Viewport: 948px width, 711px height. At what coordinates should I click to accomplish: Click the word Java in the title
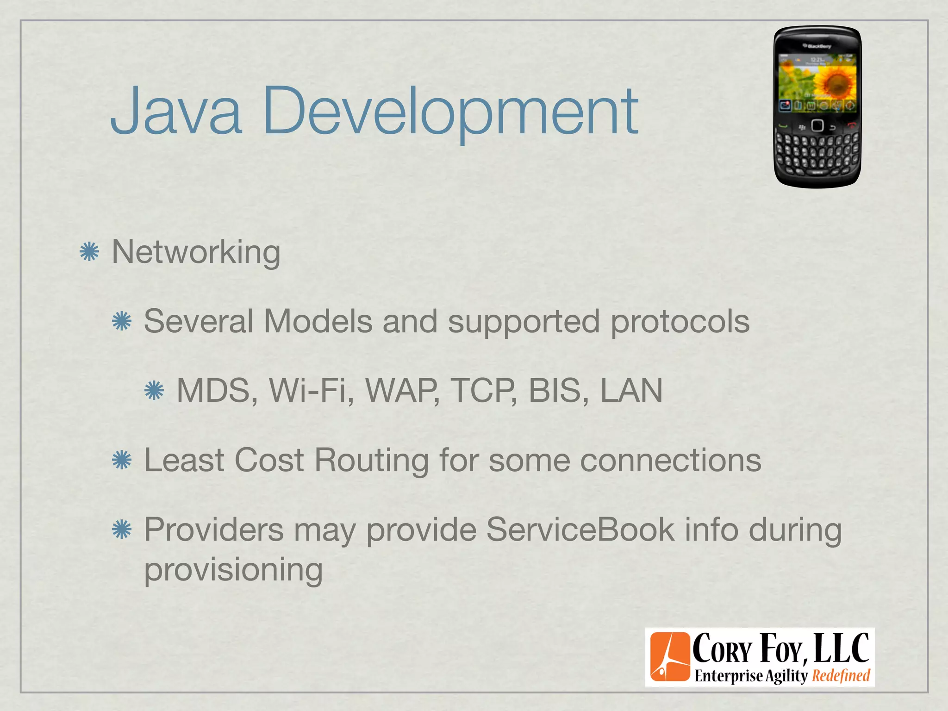tap(176, 111)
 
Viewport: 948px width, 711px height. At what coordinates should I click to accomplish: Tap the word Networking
tap(196, 253)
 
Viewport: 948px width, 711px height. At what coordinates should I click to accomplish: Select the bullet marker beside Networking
tap(89, 252)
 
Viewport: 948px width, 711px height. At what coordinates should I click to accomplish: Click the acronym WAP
tap(402, 391)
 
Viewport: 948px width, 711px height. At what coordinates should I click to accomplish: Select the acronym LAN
tap(631, 391)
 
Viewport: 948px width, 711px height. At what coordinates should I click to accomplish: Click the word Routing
tap(372, 460)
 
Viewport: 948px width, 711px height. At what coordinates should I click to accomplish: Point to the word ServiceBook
tap(580, 530)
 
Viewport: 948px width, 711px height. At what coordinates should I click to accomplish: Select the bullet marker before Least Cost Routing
tap(122, 460)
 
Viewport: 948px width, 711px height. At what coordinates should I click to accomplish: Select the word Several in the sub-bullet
tap(198, 321)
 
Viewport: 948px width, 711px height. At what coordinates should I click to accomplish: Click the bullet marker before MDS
tap(154, 391)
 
